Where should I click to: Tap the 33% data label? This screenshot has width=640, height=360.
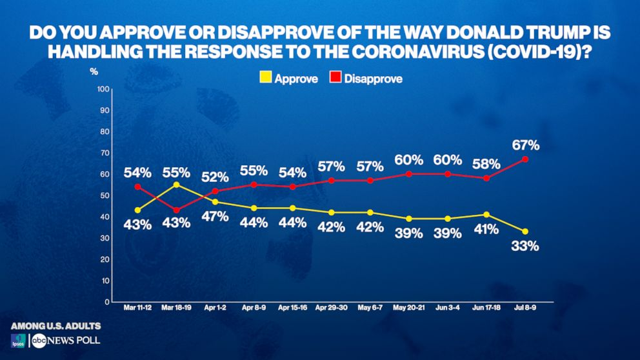coord(525,246)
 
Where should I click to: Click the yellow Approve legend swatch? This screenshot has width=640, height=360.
coord(264,79)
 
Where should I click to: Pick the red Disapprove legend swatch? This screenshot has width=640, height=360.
coord(335,79)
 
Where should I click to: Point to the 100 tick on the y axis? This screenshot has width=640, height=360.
coord(101,88)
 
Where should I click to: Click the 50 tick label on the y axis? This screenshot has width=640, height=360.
coord(103,195)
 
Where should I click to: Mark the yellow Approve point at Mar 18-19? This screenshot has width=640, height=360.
coord(176,185)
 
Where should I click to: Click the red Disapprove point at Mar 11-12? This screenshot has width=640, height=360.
coord(138,186)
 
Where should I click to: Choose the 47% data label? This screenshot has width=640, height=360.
coord(215,216)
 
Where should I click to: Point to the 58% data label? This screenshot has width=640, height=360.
coord(485,164)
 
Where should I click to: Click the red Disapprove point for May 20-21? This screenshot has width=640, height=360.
coord(408,174)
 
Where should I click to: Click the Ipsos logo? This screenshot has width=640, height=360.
coord(17,341)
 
